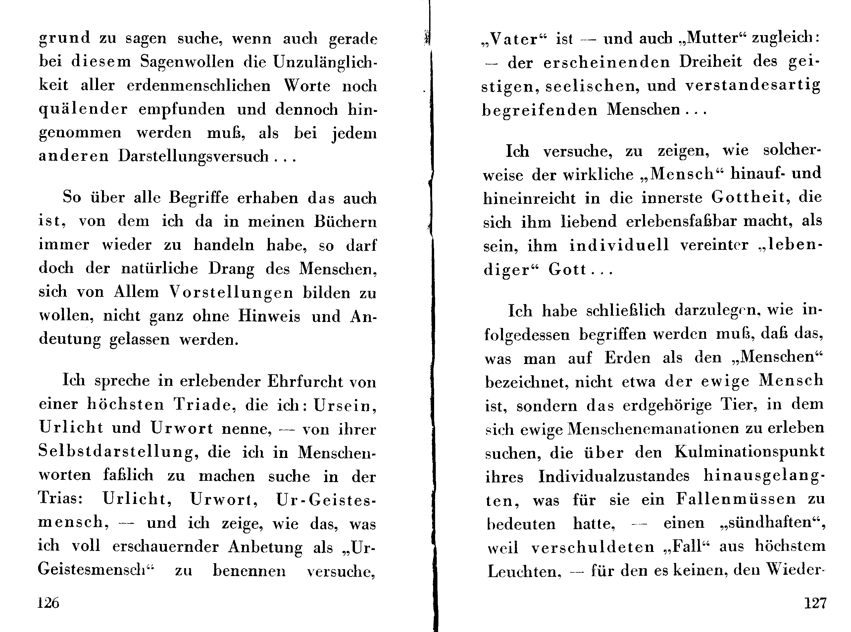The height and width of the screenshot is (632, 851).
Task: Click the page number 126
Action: (48, 603)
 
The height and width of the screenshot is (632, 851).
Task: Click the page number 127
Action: (815, 603)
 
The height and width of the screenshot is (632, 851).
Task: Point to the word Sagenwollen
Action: (187, 62)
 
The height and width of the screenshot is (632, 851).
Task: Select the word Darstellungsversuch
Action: (193, 156)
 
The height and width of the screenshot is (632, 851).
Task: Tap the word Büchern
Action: (345, 221)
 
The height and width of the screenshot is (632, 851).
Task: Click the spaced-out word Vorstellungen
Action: (231, 292)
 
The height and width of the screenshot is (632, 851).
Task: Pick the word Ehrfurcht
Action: (305, 381)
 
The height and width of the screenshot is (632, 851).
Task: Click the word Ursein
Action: (344, 405)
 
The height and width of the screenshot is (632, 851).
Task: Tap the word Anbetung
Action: (265, 547)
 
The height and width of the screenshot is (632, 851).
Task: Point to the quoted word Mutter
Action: (712, 38)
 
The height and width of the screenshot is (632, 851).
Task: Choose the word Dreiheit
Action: (711, 62)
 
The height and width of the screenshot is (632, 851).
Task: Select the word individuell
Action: (619, 245)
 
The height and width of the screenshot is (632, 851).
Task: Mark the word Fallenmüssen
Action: (735, 499)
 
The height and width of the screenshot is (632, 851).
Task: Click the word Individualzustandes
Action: (614, 476)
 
